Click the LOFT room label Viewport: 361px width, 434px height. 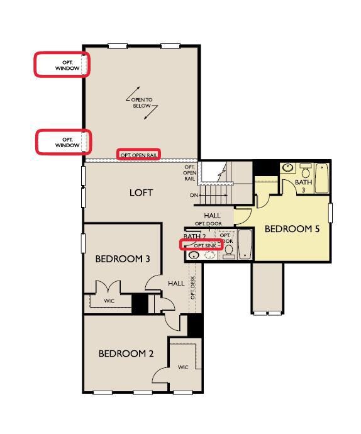pyautogui.click(x=141, y=192)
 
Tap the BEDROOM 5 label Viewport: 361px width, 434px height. pyautogui.click(x=291, y=229)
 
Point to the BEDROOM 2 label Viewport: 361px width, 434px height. pyautogui.click(x=126, y=353)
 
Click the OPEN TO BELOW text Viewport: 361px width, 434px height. pyautogui.click(x=142, y=103)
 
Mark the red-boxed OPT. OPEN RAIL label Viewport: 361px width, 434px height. pyautogui.click(x=139, y=154)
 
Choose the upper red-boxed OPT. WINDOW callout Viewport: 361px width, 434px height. pyautogui.click(x=62, y=65)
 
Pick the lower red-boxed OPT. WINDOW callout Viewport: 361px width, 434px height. pyautogui.click(x=64, y=142)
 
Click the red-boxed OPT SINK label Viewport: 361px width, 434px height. pyautogui.click(x=201, y=245)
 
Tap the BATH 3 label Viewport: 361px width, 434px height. pyautogui.click(x=303, y=186)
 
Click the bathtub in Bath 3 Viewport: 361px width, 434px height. pyautogui.click(x=321, y=179)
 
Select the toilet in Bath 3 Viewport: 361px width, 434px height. pyautogui.click(x=306, y=171)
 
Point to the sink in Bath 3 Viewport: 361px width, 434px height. pyautogui.click(x=287, y=168)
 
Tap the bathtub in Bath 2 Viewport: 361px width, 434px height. pyautogui.click(x=245, y=245)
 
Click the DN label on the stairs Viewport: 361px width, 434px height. pyautogui.click(x=194, y=195)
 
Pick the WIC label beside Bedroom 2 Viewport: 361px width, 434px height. pyautogui.click(x=183, y=367)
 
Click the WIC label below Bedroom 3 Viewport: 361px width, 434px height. pyautogui.click(x=109, y=301)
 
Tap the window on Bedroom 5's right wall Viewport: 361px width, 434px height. pyautogui.click(x=331, y=212)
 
